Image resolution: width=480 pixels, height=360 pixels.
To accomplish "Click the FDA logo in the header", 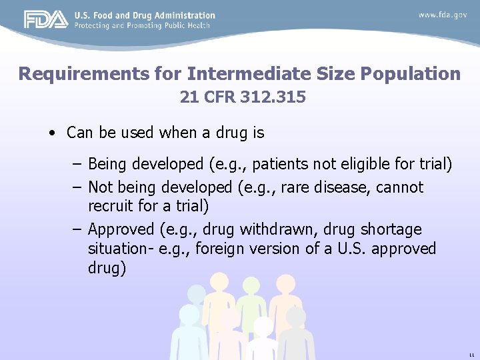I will (x=46, y=20).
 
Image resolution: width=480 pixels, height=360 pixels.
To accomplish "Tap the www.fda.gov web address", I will (x=443, y=15).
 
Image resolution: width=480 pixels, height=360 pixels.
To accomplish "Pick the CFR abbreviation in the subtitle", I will (x=217, y=97).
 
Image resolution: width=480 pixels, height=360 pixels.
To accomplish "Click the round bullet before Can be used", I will (x=52, y=133).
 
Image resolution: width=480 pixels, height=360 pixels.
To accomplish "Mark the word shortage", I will (x=393, y=229).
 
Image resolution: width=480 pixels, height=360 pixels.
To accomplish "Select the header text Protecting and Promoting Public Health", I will (x=142, y=25).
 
